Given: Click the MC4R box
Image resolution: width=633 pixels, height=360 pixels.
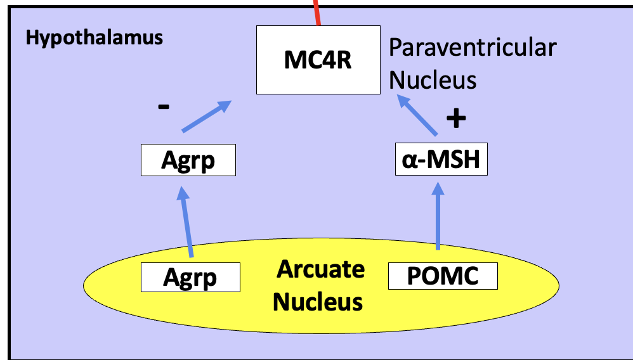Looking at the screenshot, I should coord(318,60).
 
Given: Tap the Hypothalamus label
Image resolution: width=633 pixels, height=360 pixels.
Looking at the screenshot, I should coord(94,37).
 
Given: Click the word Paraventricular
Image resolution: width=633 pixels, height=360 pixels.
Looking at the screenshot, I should coord(473,48).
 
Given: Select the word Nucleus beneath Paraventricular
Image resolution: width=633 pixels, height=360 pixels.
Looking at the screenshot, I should coord(432,80).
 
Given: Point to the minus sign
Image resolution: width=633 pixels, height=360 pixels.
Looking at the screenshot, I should coord(164,107).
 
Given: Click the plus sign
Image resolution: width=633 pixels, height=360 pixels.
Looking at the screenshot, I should coord(455,119).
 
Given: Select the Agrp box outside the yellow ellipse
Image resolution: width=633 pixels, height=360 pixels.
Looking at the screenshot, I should coord(188,160).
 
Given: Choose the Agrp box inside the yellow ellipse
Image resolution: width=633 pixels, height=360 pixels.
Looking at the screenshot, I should coord(190,277).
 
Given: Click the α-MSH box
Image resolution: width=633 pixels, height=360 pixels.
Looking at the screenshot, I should coord(441,160).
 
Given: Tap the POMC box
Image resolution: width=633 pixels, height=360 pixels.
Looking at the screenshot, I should coord(442,277).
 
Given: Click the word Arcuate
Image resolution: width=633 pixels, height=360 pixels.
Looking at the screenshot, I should coord(320,269).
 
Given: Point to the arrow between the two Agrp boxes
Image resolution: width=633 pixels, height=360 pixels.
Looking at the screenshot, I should coord(186,225).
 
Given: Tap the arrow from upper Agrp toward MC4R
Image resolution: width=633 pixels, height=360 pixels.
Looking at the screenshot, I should coord(206,116).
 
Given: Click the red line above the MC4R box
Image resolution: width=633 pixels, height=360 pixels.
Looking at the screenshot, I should coord(316,13).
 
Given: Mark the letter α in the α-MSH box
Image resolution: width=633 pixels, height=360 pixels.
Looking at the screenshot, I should coord(409,161).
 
